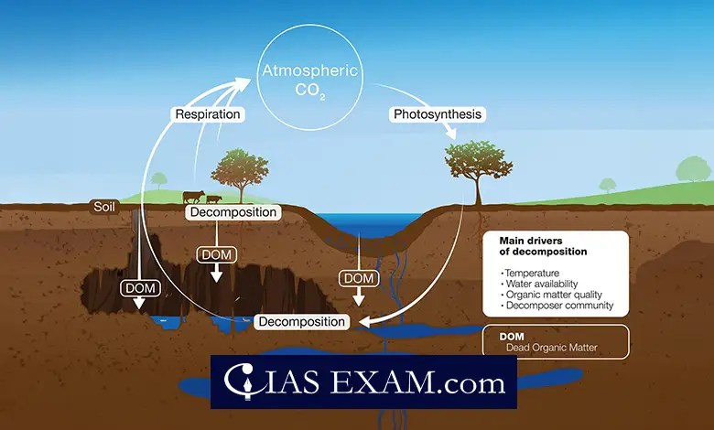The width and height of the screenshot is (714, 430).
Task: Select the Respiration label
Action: coord(209,115)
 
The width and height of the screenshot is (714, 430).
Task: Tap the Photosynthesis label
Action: coord(437,115)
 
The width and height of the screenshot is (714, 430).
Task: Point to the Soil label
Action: coord(104,206)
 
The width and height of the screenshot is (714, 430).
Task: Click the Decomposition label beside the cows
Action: coord(233,212)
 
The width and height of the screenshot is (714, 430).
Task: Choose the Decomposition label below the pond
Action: coord(301,322)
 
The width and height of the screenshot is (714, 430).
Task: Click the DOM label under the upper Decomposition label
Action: coord(216,253)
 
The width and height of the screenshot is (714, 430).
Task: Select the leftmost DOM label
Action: coord(139,288)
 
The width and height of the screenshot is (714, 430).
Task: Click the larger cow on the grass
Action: coord(193,196)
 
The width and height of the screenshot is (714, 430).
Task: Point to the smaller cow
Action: coord(213,198)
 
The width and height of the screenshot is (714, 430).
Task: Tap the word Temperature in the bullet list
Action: coord(531,274)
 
